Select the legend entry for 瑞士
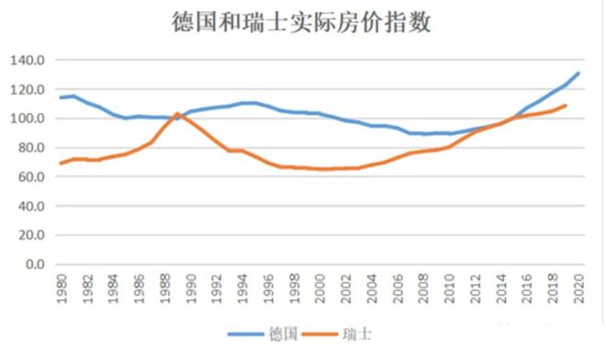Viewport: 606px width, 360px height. (357, 336)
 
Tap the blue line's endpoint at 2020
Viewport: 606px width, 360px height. (578, 73)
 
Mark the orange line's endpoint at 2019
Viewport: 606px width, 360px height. (565, 105)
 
